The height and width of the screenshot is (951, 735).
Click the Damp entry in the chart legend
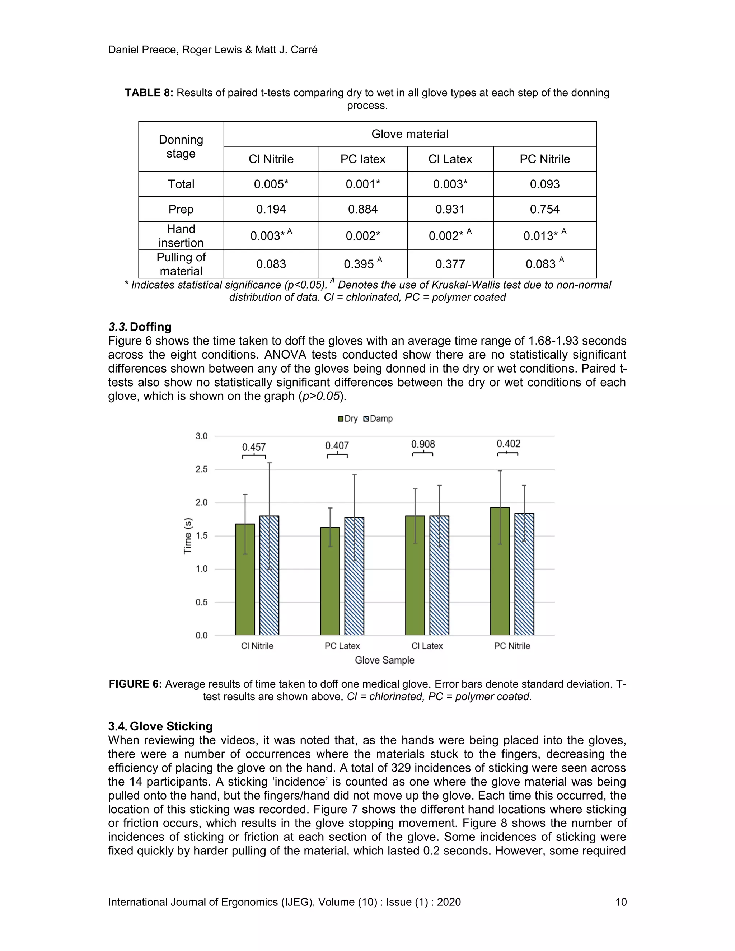coord(378,418)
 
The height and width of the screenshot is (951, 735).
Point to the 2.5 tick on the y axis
coord(201,469)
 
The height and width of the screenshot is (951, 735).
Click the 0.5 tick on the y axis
coord(201,602)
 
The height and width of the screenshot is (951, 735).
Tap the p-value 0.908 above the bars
coord(423,444)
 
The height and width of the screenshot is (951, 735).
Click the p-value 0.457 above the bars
coord(254,447)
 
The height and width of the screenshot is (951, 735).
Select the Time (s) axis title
coord(188,536)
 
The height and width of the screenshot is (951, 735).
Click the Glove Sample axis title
coord(384,660)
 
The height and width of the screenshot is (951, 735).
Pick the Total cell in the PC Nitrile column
coord(544,184)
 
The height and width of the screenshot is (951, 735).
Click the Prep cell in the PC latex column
coord(363,210)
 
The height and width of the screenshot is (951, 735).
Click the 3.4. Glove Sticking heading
coord(160,726)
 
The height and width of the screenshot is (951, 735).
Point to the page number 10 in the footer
coord(621,902)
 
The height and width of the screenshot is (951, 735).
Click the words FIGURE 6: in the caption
coord(135,684)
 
